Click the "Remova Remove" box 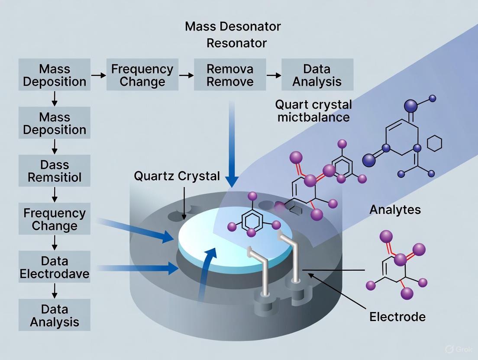pos(230,75)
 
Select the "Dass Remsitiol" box pos(55,171)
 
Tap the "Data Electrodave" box pos(55,267)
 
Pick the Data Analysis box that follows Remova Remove pos(317,75)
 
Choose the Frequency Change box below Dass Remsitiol pos(55,219)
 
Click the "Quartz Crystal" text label pos(177,176)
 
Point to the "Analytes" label pos(395,210)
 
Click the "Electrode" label pos(397,317)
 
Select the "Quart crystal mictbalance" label pos(313,111)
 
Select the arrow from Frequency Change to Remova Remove pos(186,75)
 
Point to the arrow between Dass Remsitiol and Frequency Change pos(55,195)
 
